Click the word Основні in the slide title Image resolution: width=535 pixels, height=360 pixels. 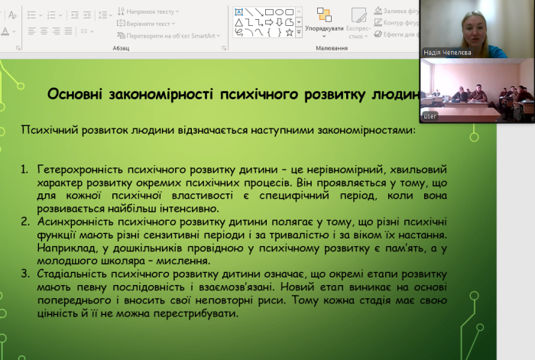pos(77,94)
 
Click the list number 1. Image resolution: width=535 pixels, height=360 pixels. pos(24,167)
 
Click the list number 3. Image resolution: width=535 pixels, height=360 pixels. pos(24,274)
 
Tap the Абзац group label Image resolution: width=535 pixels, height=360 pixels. pos(121,47)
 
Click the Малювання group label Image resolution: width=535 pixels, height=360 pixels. pos(331,47)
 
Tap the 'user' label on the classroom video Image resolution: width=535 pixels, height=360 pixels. pos(430,116)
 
